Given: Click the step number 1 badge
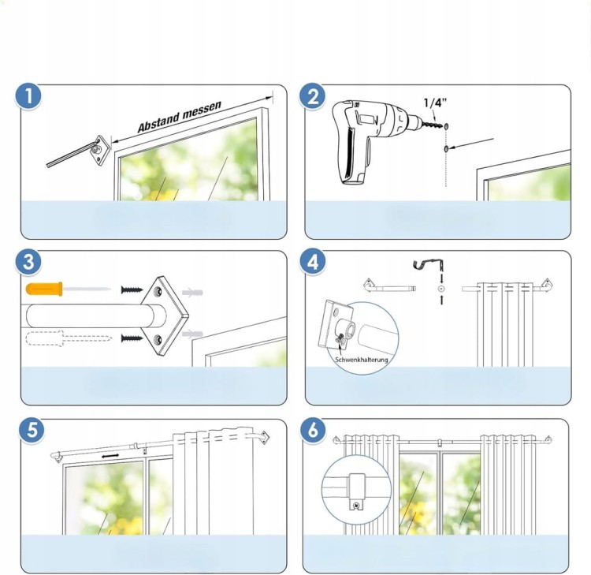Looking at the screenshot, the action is click(28, 96).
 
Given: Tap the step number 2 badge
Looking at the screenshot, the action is click(313, 96).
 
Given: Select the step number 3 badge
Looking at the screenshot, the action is click(28, 262).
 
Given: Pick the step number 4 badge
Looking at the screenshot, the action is click(313, 262).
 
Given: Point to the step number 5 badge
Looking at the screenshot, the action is click(32, 430).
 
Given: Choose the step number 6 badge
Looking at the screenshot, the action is click(313, 430).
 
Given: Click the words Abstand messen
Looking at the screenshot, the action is click(180, 117).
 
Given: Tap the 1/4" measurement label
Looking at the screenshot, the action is click(435, 103).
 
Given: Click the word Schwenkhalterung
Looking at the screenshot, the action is click(362, 360).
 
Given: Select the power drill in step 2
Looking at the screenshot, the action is click(372, 141).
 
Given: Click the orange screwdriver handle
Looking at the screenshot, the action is click(44, 289).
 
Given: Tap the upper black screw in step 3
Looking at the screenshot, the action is click(132, 289).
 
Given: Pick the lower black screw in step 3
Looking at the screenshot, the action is click(132, 338).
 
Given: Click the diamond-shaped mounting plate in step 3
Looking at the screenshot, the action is click(165, 316).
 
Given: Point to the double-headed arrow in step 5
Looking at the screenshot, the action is click(110, 457).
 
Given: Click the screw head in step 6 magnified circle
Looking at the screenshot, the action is click(356, 505).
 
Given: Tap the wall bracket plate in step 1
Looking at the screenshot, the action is click(101, 151).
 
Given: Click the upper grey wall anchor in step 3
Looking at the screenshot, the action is click(192, 293).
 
